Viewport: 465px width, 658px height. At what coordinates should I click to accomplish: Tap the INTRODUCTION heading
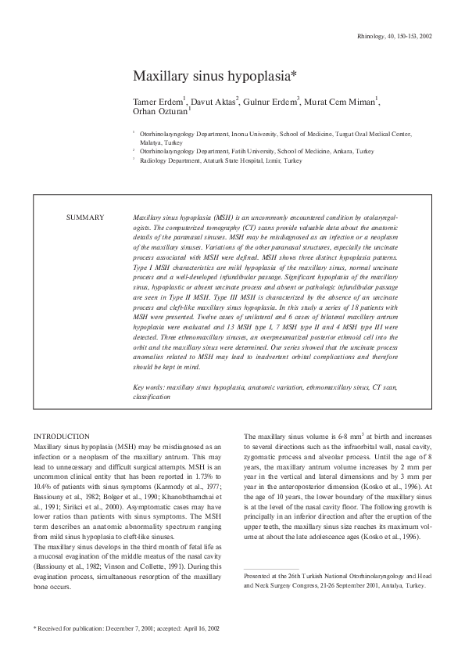tap(63, 436)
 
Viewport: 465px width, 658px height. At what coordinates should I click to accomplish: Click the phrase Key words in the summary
tap(148, 387)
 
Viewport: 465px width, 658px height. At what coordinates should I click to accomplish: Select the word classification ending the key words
tap(151, 397)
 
